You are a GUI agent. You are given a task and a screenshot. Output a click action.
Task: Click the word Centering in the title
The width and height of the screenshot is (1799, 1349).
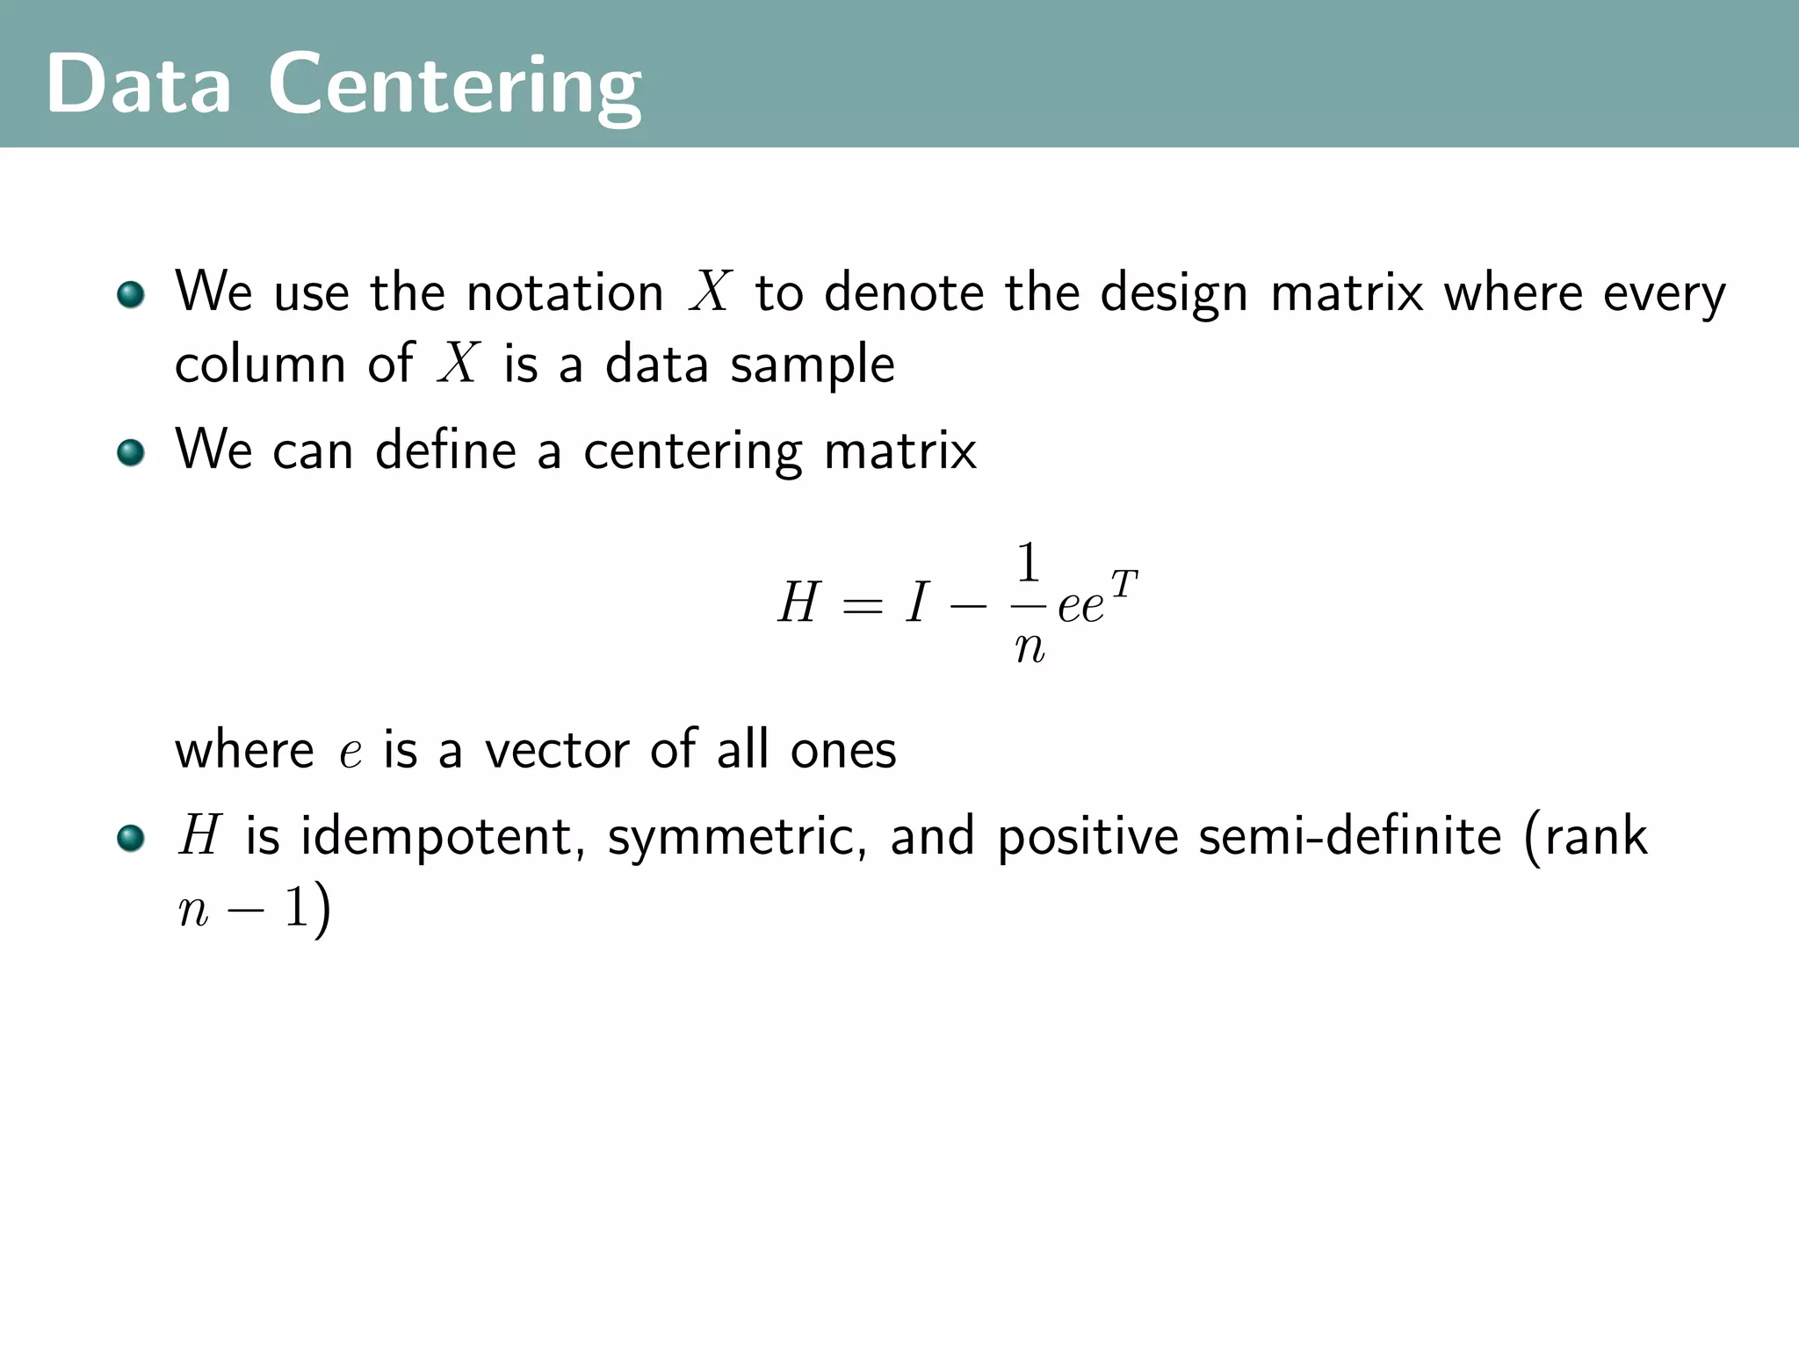pyautogui.click(x=455, y=86)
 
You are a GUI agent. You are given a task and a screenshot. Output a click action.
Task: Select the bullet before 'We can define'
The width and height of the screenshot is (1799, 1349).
pyautogui.click(x=131, y=452)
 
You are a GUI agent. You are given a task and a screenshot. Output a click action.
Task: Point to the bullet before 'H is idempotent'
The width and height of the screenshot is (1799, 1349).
pyautogui.click(x=131, y=838)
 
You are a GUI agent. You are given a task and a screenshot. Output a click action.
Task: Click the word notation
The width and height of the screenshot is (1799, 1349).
pyautogui.click(x=565, y=292)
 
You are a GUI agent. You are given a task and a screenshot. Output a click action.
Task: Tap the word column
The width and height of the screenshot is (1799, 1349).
pyautogui.click(x=260, y=364)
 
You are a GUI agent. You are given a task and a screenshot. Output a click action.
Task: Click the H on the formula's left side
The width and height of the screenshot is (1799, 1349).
pyautogui.click(x=798, y=603)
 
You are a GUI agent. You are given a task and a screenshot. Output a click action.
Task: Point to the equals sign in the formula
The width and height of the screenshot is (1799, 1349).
pyautogui.click(x=862, y=605)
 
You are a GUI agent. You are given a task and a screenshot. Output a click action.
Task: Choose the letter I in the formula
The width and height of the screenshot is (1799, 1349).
pyautogui.click(x=917, y=603)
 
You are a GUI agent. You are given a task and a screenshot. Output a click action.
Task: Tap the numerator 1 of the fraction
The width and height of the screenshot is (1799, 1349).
pyautogui.click(x=1028, y=563)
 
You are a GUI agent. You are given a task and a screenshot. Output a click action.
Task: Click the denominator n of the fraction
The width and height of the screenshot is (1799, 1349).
pyautogui.click(x=1030, y=648)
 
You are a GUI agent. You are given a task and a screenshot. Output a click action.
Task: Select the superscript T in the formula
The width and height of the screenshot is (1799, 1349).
pyautogui.click(x=1123, y=582)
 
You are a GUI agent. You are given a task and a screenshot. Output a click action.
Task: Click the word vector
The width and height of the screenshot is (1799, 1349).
pyautogui.click(x=557, y=750)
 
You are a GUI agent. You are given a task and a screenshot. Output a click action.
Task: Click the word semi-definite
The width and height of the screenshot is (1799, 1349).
pyautogui.click(x=1350, y=836)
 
